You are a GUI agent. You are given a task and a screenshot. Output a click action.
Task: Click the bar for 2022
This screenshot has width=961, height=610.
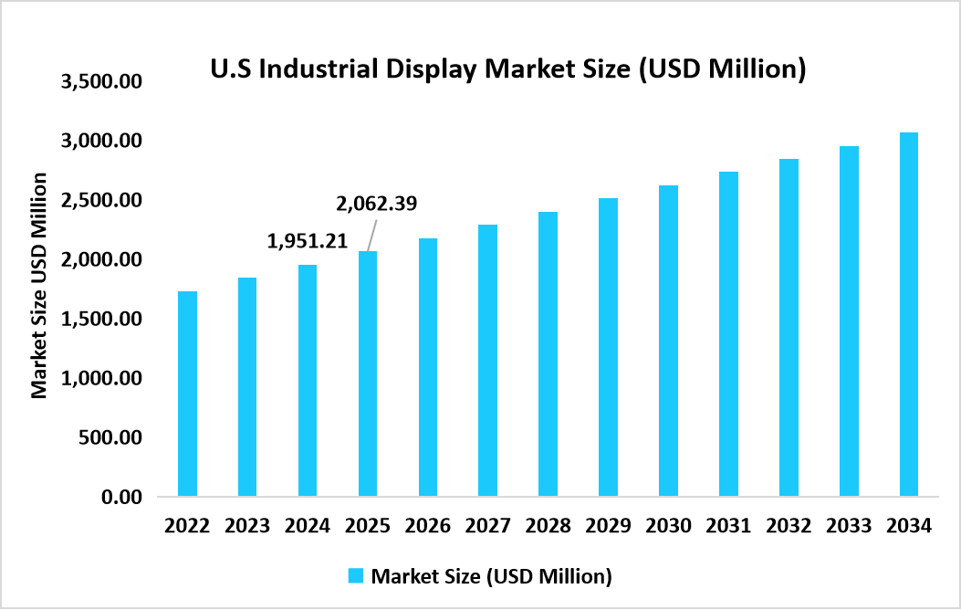187,394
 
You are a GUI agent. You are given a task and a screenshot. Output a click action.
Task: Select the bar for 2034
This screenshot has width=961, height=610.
908,314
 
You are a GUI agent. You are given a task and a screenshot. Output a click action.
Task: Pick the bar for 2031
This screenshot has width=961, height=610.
727,334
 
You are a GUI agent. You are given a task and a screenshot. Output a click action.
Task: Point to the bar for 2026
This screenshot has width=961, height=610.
427,367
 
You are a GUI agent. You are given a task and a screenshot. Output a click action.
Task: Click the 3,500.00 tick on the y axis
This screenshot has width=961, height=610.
101,81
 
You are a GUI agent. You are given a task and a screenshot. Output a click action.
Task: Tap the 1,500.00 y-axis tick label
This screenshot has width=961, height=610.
101,319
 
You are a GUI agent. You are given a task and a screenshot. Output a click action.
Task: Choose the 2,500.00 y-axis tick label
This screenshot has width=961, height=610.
101,200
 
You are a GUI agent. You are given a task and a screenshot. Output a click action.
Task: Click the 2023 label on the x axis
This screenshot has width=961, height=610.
247,526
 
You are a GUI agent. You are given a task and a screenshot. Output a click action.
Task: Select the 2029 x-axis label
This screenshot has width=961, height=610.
608,526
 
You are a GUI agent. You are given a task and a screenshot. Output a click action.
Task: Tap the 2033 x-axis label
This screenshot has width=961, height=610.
848,526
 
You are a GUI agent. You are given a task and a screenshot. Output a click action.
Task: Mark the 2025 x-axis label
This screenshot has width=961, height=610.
368,526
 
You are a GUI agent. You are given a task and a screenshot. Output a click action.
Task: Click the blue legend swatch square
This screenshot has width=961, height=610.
356,575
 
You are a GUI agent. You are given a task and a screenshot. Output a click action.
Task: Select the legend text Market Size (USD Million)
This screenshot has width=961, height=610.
490,576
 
